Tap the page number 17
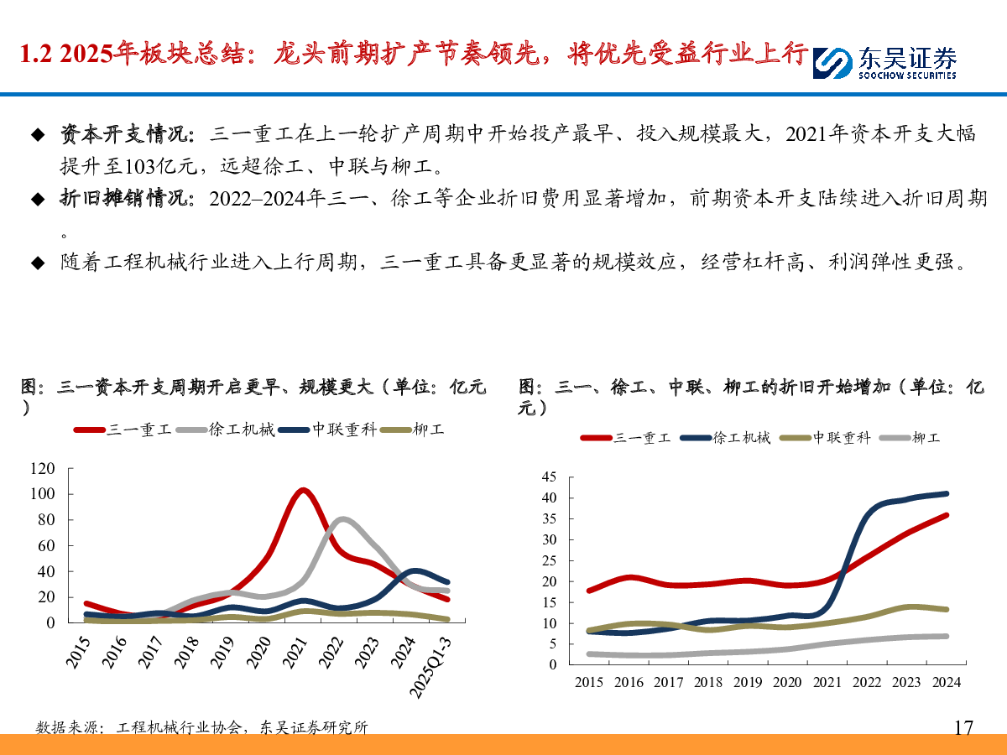pos(963,727)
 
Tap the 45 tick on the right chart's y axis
pos(549,476)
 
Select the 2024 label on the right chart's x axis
pos(945,682)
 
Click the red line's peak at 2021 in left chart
pos(303,490)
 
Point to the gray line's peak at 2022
pos(342,519)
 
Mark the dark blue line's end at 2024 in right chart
pos(946,494)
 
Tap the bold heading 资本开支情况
pos(126,134)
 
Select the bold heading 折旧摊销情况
pos(126,199)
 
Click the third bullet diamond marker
pos(37,263)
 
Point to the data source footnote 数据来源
pos(67,727)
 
